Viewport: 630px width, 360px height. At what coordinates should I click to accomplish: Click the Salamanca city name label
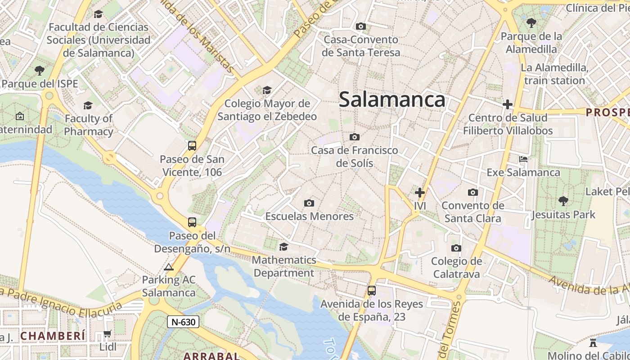point(392,99)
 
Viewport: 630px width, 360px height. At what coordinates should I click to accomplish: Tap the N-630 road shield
point(183,322)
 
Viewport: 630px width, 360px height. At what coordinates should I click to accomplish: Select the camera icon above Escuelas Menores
point(309,203)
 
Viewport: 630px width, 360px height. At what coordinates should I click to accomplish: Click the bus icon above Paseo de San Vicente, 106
point(192,145)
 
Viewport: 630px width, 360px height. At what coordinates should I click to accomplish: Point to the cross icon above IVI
point(419,193)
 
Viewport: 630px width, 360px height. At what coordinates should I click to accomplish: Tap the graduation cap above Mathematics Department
point(283,247)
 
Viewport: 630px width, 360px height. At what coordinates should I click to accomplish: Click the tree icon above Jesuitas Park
point(563,201)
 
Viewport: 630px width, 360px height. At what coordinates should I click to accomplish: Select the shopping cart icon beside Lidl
point(107,334)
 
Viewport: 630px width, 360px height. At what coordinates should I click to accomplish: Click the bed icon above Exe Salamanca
point(523,159)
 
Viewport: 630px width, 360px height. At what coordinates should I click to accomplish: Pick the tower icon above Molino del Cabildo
point(593,343)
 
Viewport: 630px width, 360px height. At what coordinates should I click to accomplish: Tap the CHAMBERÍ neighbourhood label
point(53,336)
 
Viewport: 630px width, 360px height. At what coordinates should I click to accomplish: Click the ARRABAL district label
point(211,356)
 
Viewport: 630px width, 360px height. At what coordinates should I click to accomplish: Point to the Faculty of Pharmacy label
point(88,125)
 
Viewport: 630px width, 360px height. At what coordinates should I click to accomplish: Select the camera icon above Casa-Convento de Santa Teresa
point(360,27)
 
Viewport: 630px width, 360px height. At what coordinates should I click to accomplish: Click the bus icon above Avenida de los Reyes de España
point(371,291)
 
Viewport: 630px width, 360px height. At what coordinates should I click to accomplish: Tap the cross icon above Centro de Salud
point(508,104)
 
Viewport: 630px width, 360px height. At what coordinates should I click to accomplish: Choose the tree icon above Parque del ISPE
point(40,71)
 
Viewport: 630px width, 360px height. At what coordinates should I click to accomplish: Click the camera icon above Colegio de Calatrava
point(456,248)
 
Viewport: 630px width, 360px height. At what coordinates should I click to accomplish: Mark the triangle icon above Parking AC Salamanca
point(169,267)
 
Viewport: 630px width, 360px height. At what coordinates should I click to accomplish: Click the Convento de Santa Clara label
point(473,212)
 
